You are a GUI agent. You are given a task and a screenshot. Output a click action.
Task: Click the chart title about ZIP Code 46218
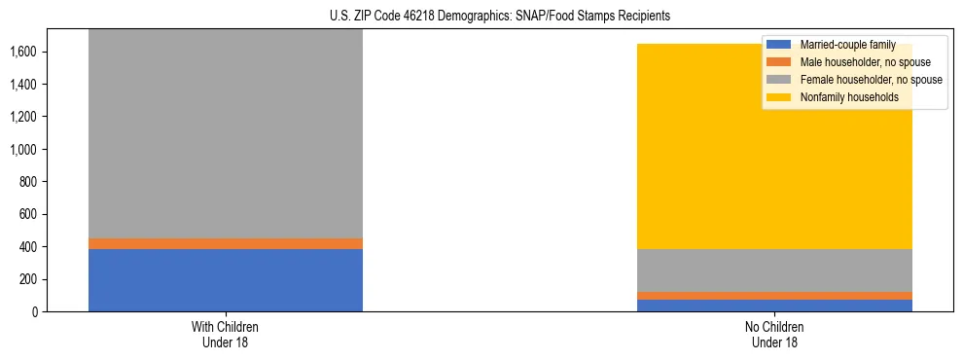[x=481, y=17]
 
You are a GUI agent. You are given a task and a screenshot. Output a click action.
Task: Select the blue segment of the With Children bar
[x=225, y=280]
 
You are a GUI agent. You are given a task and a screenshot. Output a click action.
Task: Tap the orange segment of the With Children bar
[x=225, y=243]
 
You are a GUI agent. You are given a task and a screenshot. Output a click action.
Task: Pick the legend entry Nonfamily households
[x=841, y=97]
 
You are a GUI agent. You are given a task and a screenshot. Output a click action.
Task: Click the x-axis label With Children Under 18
[x=225, y=334]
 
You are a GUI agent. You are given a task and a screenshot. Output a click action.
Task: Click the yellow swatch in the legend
[x=779, y=97]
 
